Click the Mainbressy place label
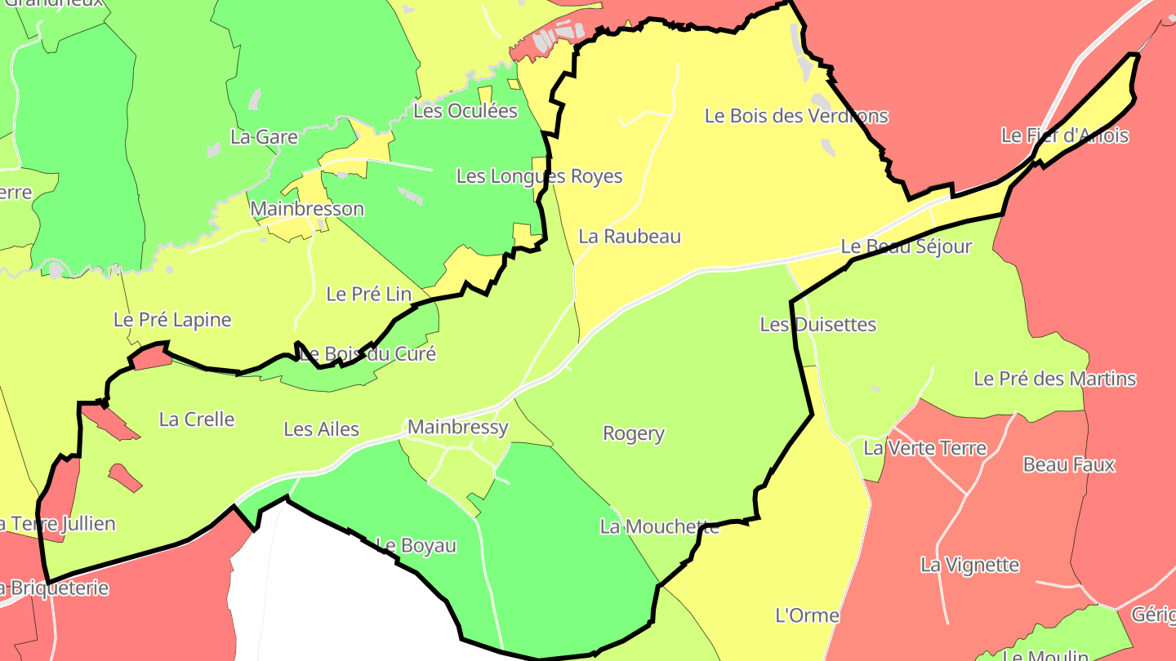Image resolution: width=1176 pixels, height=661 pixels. (x=457, y=427)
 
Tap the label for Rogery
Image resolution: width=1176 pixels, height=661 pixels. (x=634, y=433)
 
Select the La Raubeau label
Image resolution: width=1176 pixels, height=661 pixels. (x=630, y=237)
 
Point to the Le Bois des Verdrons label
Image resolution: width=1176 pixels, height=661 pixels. (x=796, y=116)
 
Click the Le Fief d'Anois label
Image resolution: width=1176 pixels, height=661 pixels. (x=1065, y=135)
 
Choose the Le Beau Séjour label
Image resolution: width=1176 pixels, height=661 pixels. (x=906, y=246)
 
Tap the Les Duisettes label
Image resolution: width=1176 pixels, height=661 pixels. (x=818, y=325)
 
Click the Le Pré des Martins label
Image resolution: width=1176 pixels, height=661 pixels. (x=1055, y=379)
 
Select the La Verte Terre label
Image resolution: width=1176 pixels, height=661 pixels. (x=925, y=448)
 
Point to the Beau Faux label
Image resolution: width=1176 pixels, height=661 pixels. (x=1069, y=465)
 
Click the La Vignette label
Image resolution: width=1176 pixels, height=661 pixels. (x=970, y=565)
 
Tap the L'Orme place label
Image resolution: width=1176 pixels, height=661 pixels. (x=807, y=615)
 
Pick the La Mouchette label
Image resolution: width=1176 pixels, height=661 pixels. (x=660, y=527)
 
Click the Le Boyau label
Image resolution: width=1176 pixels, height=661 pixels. (x=416, y=545)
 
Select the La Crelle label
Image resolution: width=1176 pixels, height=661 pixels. (x=197, y=419)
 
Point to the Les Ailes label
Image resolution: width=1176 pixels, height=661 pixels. (x=321, y=429)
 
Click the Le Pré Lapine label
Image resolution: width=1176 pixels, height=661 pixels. (x=172, y=320)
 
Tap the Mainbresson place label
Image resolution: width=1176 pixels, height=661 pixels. (x=307, y=209)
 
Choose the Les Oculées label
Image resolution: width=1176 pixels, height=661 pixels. (x=465, y=111)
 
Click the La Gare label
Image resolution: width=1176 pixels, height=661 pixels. (x=264, y=137)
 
